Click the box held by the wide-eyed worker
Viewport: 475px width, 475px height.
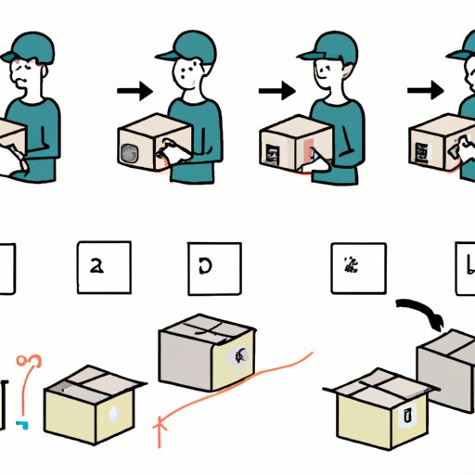pyautogui.click(x=148, y=140)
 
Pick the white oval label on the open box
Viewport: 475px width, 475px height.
pyautogui.click(x=111, y=412)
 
